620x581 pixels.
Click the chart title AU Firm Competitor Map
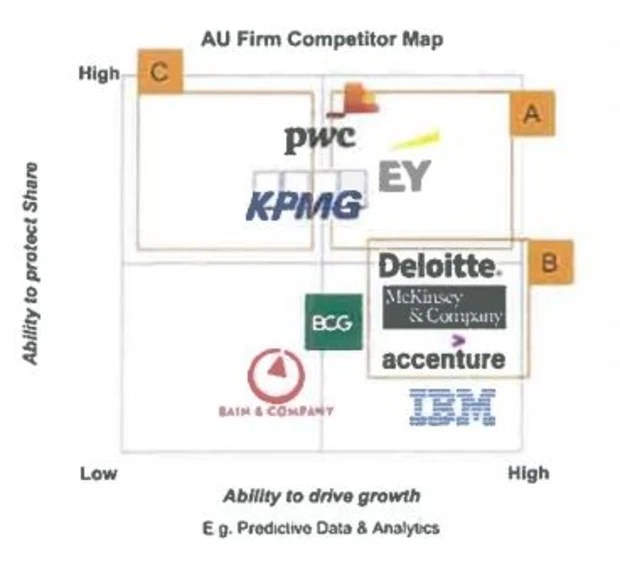pyautogui.click(x=322, y=40)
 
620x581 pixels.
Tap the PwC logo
pyautogui.click(x=319, y=138)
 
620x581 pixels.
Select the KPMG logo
pyautogui.click(x=305, y=206)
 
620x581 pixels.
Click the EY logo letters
pyautogui.click(x=405, y=176)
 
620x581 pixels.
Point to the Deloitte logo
pyautogui.click(x=438, y=266)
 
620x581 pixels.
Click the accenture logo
pyautogui.click(x=443, y=357)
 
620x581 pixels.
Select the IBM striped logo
pyautogui.click(x=453, y=407)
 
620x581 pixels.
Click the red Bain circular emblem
pyautogui.click(x=275, y=376)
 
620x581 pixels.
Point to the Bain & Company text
pyautogui.click(x=275, y=411)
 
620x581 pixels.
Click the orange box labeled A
pyautogui.click(x=532, y=115)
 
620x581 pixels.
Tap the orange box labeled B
pyautogui.click(x=550, y=262)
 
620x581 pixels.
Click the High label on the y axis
pyautogui.click(x=99, y=73)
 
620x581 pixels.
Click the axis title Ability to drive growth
pyautogui.click(x=321, y=496)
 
